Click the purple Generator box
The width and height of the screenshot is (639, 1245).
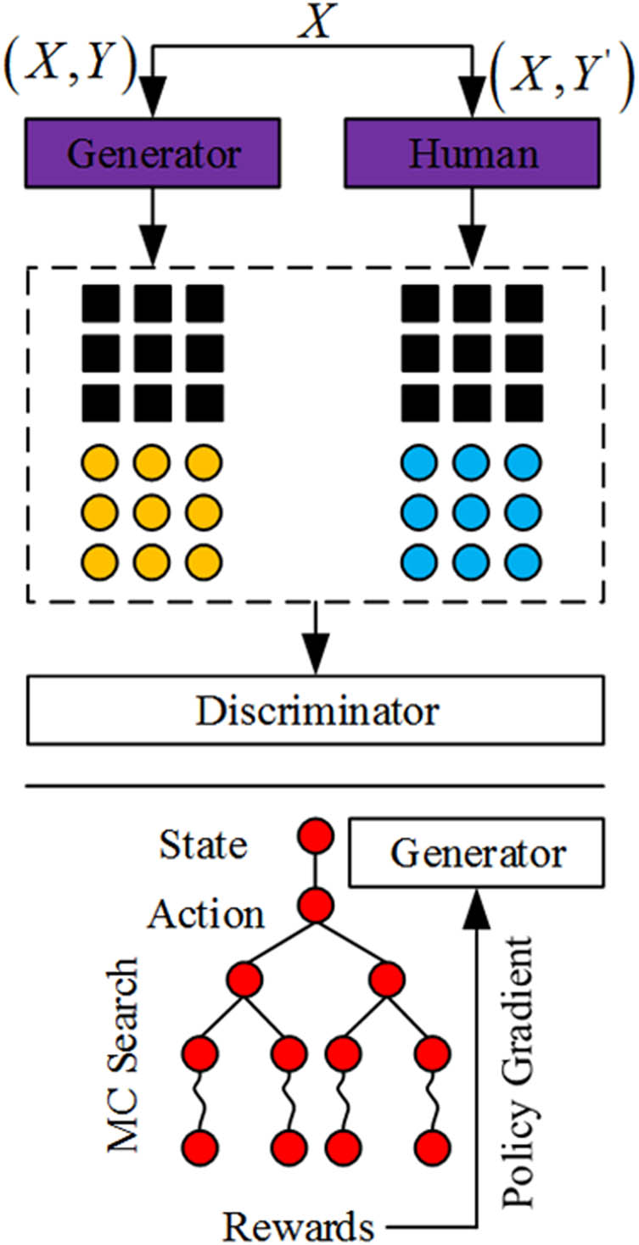coord(154,154)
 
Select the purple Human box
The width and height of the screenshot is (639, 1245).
coord(474,154)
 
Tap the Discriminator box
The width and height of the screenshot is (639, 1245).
coord(317,712)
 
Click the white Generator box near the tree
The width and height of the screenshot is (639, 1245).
coord(476,852)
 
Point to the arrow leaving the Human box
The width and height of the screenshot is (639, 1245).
coord(474,221)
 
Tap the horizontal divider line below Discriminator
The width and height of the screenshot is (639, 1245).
coord(317,786)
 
